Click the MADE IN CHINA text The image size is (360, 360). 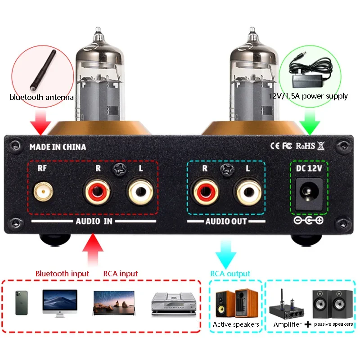tap(57, 147)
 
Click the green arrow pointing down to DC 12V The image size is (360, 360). tap(310, 123)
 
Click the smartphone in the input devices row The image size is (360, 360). tap(21, 302)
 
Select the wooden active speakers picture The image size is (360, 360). tap(236, 303)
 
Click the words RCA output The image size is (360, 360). tap(230, 274)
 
